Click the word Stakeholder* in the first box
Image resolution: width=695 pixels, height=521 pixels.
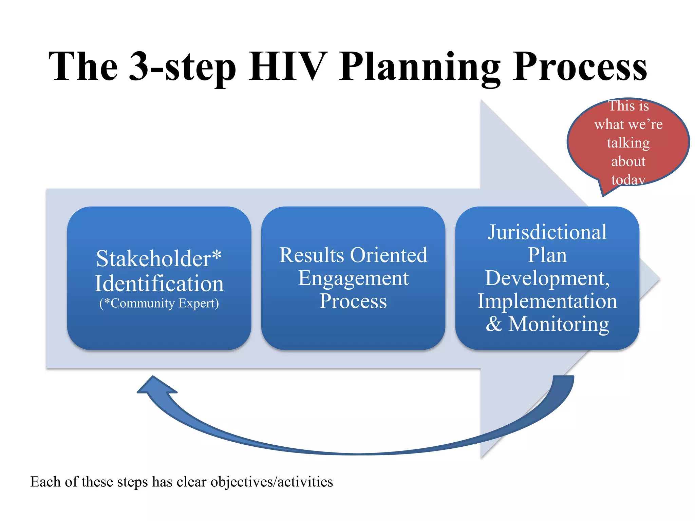pos(159,258)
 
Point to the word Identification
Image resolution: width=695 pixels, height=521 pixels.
pos(159,284)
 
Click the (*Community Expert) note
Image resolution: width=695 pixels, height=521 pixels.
pos(159,303)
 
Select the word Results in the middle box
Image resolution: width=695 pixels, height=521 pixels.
pos(311,255)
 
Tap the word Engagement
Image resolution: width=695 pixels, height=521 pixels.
pos(353,278)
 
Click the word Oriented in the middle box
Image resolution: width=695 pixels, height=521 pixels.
pos(389,255)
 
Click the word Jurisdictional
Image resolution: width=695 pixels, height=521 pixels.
pos(547,232)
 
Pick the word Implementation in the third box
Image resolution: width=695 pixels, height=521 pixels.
pos(547,301)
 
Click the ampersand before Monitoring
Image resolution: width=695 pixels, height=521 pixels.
pos(494,324)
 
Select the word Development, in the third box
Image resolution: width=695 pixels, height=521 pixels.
pos(547,278)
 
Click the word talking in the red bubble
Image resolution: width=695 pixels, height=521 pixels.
pos(628,143)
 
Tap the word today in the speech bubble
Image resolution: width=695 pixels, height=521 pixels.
pos(628,179)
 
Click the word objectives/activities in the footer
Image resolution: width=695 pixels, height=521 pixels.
pos(271,482)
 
